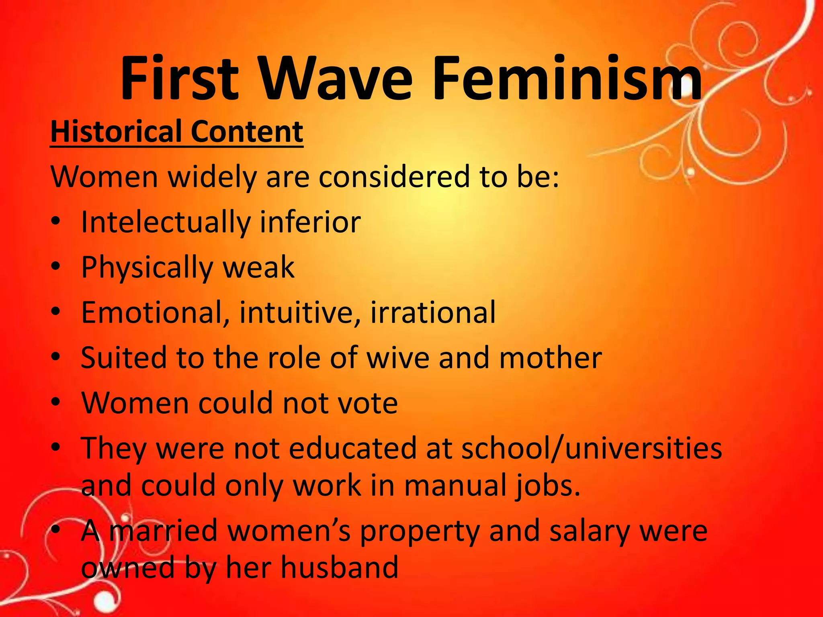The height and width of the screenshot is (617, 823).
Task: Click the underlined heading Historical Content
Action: [176, 131]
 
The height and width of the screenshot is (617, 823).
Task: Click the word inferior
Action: [310, 222]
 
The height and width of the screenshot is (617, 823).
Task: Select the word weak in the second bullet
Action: [259, 267]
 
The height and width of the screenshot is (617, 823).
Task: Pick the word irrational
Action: [433, 313]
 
